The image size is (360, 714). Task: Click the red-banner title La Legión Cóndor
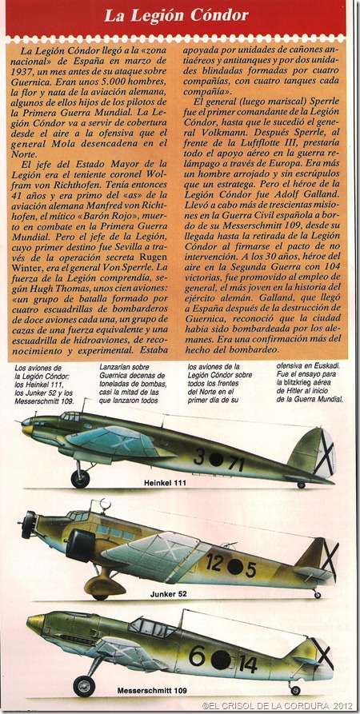click(x=179, y=15)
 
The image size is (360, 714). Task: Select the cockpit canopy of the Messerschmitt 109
click(x=151, y=626)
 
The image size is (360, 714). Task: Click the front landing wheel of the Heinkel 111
click(x=80, y=478)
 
